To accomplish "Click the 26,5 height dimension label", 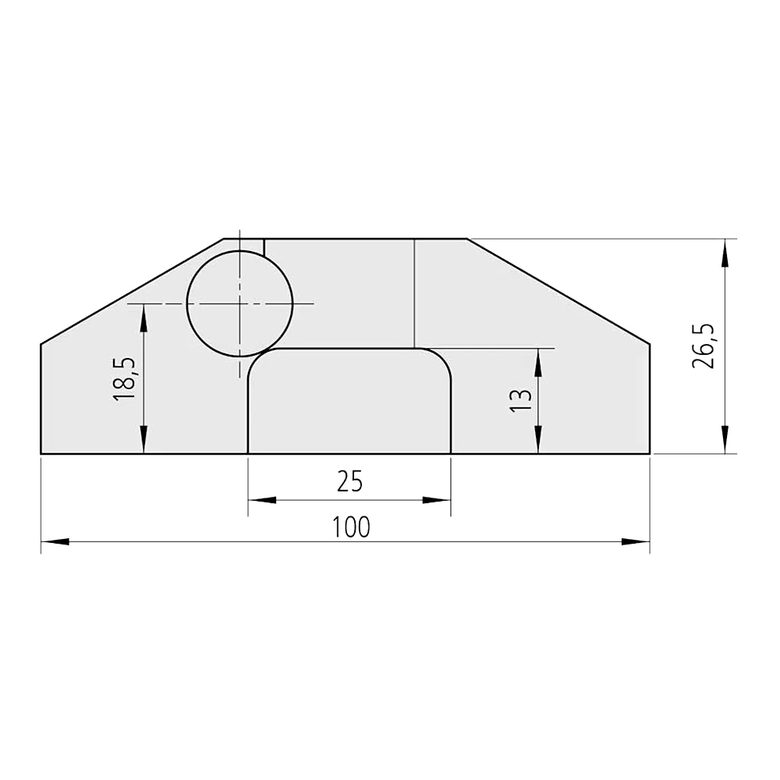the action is click(x=704, y=346).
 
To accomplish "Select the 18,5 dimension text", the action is click(x=123, y=379).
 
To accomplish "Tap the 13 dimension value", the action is click(x=521, y=400).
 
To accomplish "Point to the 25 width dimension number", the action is click(x=349, y=481).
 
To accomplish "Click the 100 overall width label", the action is click(x=351, y=526).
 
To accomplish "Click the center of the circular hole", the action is click(x=239, y=303).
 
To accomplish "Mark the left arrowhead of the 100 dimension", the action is click(x=55, y=542).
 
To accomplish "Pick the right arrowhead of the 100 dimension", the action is click(x=636, y=542).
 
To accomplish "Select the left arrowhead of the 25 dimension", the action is click(x=262, y=500).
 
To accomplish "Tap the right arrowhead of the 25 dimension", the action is click(x=436, y=500).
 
